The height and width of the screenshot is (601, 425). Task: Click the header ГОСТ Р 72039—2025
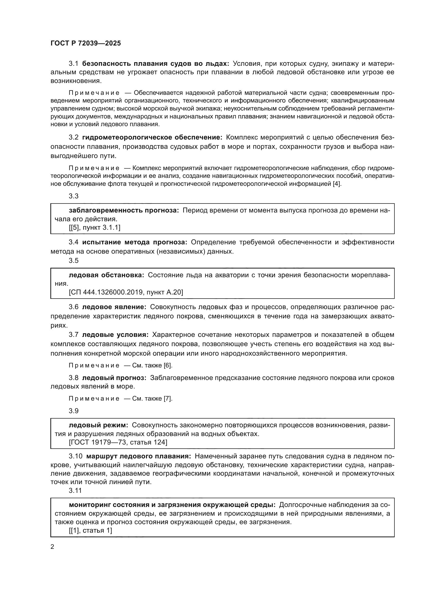click(x=86, y=43)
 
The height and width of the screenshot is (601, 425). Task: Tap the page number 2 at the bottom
click(x=52, y=547)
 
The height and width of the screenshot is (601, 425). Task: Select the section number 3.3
click(x=73, y=196)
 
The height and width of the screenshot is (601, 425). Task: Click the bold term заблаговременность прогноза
click(x=124, y=210)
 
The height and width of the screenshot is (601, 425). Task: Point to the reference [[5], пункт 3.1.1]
click(x=95, y=227)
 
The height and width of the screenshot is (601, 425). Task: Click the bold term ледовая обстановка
click(x=106, y=275)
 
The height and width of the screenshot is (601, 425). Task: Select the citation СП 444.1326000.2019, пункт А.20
click(x=126, y=292)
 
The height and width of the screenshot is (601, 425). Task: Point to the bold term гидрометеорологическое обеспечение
click(x=152, y=137)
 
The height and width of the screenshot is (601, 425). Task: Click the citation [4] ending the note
click(x=337, y=184)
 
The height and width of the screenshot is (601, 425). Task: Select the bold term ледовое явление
click(x=114, y=307)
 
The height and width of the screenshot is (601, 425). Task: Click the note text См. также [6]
click(x=152, y=365)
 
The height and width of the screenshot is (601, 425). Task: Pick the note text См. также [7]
click(x=152, y=399)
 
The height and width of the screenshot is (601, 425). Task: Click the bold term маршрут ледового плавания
click(x=139, y=456)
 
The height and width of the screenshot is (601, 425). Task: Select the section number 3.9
click(x=73, y=411)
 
